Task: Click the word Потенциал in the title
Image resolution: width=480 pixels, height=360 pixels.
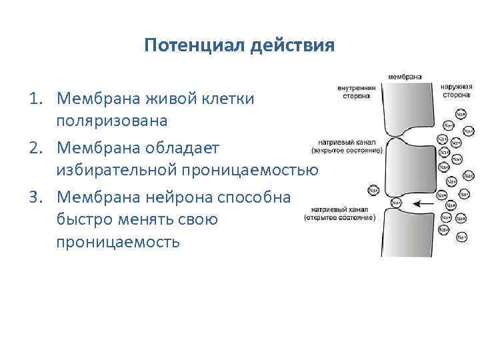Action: (x=195, y=46)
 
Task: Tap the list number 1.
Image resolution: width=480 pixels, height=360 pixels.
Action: (x=35, y=99)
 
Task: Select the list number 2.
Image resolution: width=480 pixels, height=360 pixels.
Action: (x=35, y=148)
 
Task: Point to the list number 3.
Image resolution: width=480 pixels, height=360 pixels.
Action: (x=35, y=197)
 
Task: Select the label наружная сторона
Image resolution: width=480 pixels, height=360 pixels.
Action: (x=457, y=90)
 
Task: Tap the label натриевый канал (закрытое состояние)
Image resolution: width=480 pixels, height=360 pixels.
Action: (x=347, y=147)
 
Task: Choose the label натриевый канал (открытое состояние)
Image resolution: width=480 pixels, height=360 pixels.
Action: (x=339, y=214)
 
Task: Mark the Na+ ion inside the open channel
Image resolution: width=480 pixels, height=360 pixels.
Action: (x=397, y=203)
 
